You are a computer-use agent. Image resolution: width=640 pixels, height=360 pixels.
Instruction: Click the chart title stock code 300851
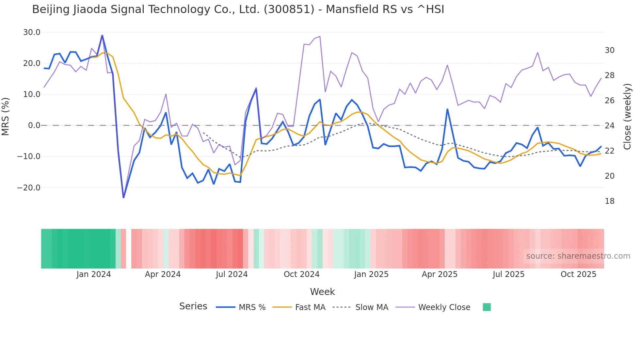tap(289, 9)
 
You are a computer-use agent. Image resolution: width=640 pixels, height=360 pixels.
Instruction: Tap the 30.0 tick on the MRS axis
tap(32, 32)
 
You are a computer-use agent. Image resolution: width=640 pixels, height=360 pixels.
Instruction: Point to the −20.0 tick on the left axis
tap(29, 188)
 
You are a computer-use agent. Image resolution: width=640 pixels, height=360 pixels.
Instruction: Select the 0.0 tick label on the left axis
tap(34, 125)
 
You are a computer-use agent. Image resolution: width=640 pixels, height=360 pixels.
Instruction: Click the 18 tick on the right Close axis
tap(609, 201)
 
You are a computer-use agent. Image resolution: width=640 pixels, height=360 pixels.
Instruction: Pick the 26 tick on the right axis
tap(609, 101)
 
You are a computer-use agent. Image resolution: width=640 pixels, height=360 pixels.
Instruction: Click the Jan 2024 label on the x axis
tap(94, 274)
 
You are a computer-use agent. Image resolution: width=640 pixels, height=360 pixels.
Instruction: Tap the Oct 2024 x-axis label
tap(301, 274)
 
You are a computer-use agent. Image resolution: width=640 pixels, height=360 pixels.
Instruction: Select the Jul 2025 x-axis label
tap(508, 274)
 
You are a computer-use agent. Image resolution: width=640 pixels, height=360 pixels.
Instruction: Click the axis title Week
tap(322, 292)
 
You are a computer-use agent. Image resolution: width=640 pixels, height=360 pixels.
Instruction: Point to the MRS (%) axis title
tap(6, 117)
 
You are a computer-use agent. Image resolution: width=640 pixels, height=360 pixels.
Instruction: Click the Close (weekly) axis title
tap(627, 117)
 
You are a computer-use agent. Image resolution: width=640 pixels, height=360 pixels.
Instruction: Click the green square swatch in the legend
tap(487, 307)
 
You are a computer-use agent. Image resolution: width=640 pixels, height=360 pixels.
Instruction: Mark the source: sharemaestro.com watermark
tap(578, 256)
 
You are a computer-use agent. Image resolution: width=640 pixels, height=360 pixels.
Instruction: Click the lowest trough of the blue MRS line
tap(123, 197)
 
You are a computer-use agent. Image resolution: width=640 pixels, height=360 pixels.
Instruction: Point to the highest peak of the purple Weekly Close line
tap(320, 37)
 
